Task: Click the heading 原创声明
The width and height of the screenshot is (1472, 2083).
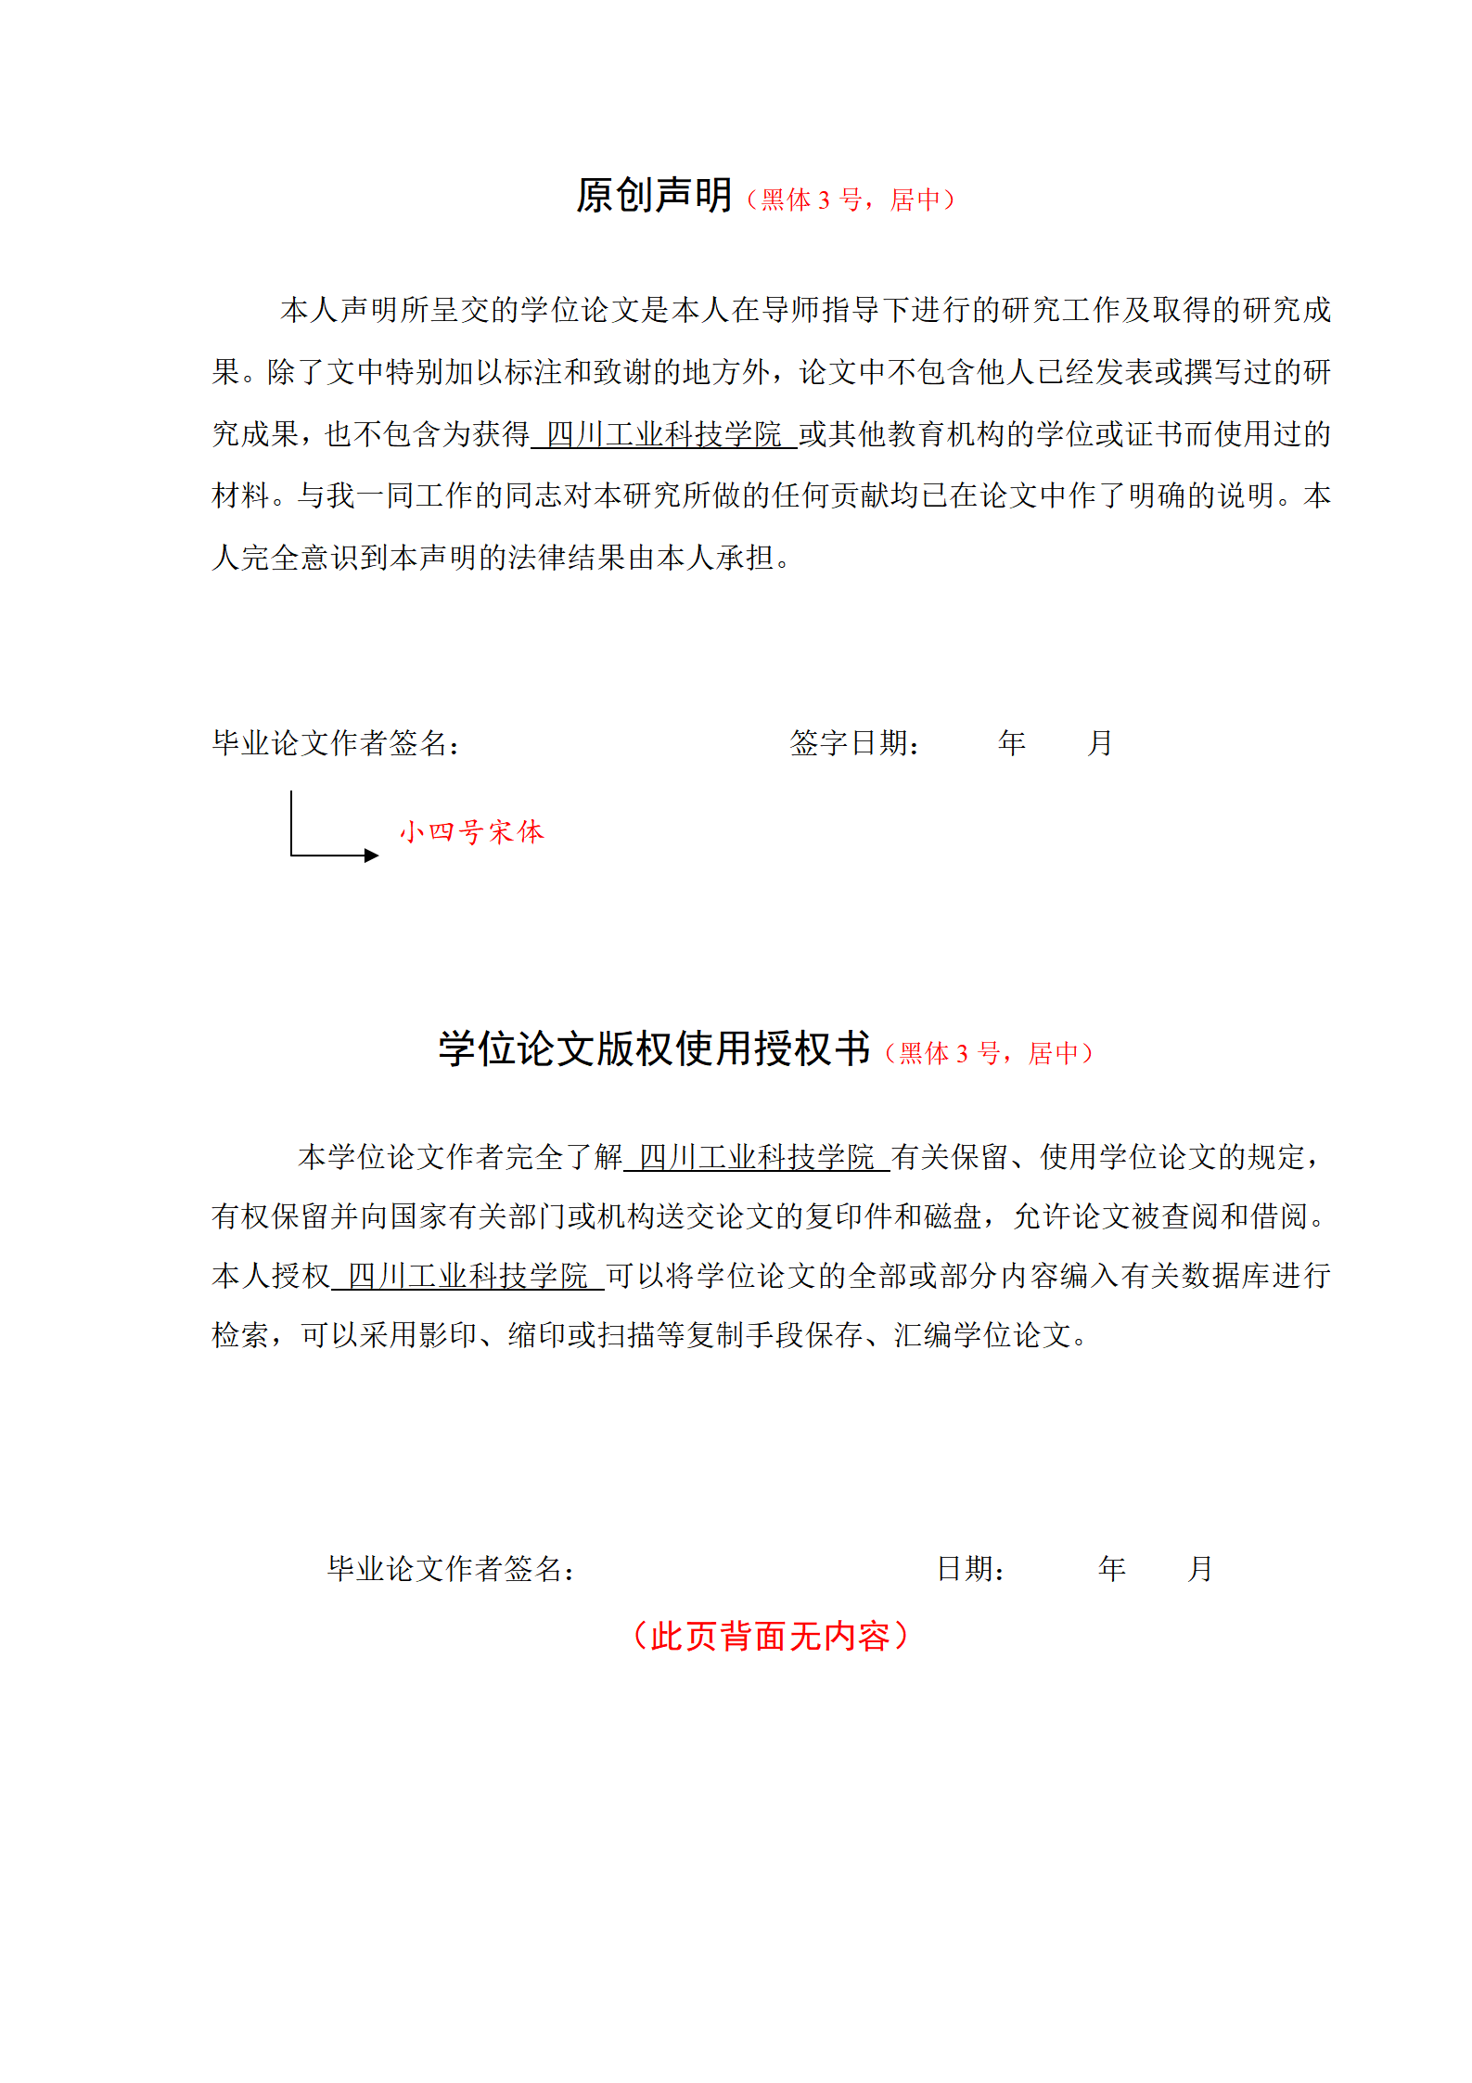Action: tap(654, 196)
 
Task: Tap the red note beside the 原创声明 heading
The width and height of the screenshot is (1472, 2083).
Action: tap(851, 199)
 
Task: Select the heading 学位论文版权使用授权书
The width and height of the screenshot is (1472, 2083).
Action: tap(654, 1048)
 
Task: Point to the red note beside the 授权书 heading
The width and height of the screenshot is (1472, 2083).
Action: tap(989, 1053)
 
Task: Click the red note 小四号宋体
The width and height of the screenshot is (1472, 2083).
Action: tap(471, 831)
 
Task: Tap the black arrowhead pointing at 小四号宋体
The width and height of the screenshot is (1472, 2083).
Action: tap(372, 855)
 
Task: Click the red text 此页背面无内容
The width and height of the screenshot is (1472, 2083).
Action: tap(770, 1636)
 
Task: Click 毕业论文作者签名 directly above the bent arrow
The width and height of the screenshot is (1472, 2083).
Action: tap(336, 742)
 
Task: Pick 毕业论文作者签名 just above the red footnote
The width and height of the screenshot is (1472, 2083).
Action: tap(451, 1568)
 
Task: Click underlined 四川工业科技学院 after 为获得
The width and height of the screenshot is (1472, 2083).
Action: tap(664, 433)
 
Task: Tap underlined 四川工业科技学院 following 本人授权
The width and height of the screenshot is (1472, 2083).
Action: tap(467, 1276)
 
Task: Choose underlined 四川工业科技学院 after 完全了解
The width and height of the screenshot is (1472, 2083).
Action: tap(757, 1157)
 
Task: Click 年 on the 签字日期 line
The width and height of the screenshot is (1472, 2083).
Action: tap(1012, 742)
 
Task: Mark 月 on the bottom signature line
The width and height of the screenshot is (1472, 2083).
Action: tap(1200, 1568)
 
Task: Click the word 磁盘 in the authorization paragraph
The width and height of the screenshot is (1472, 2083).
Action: tap(952, 1216)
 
